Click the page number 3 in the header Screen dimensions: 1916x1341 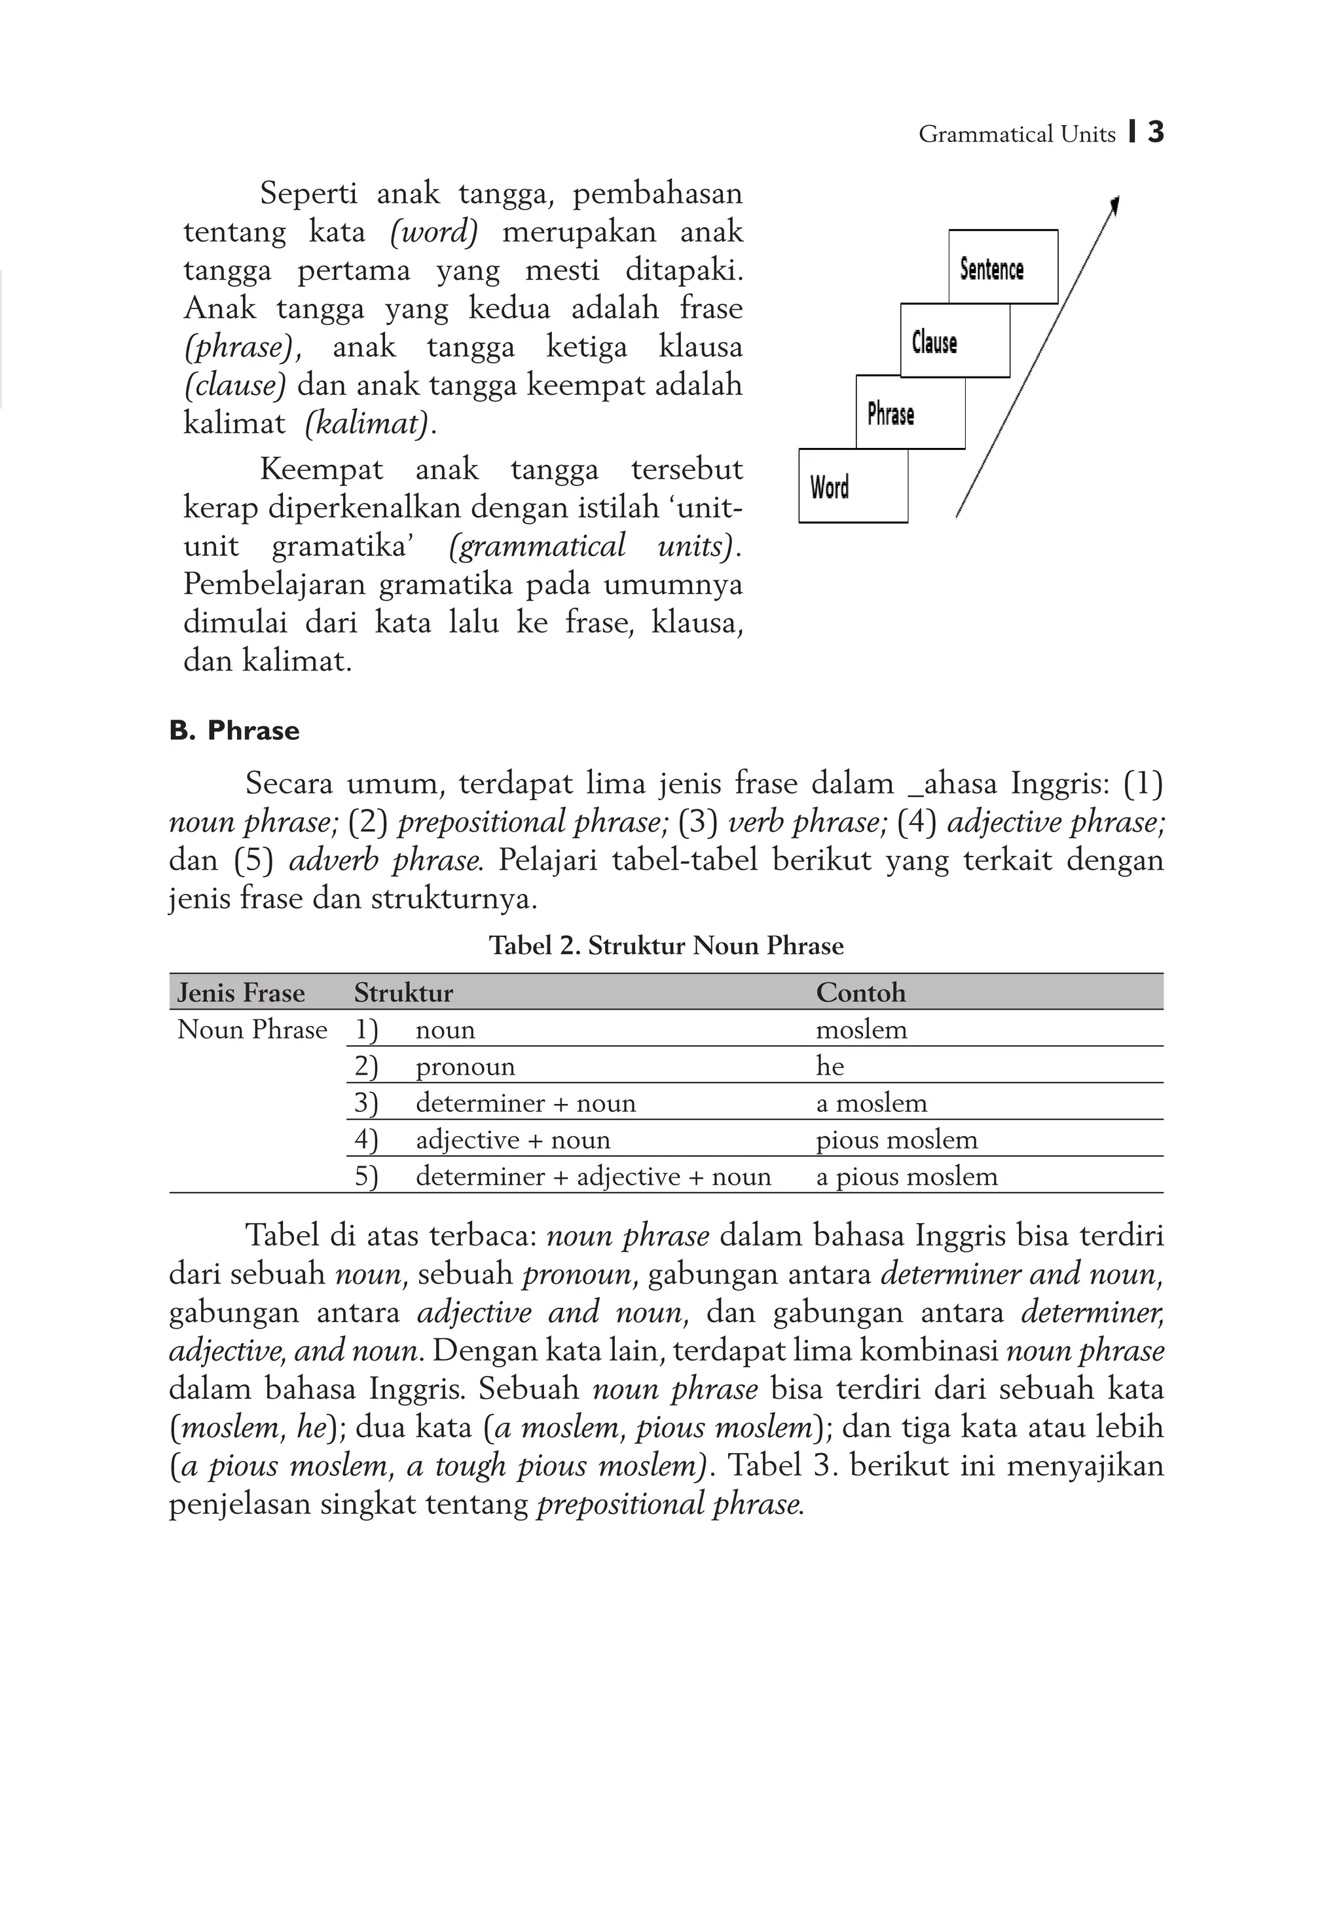coord(1155,133)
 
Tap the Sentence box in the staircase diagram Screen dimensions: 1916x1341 coord(1002,267)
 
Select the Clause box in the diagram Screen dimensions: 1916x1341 coord(954,341)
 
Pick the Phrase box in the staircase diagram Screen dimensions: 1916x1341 coord(909,413)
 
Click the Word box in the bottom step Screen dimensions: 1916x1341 coord(852,486)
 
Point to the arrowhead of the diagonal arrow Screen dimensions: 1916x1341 coord(1115,204)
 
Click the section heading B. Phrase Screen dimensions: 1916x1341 coord(234,730)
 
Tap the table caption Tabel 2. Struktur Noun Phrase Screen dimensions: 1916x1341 coord(666,946)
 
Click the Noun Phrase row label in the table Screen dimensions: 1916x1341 coord(252,1030)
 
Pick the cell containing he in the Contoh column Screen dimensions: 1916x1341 coord(830,1067)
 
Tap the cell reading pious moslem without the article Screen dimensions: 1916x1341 coord(896,1140)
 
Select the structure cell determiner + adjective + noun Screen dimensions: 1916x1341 coord(593,1177)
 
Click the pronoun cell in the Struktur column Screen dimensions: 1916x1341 coord(465,1067)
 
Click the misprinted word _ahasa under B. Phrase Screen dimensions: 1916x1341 coord(951,784)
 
